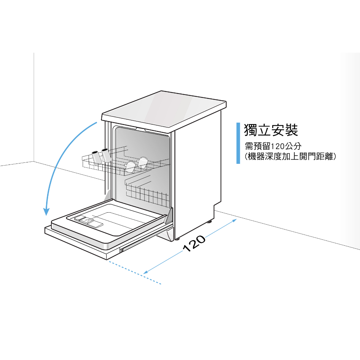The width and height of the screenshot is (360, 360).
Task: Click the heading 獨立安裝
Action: [271, 130]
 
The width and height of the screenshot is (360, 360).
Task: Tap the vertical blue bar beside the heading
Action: [238, 143]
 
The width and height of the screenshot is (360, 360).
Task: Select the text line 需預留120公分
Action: [273, 146]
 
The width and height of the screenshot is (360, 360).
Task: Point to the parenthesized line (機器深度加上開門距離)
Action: [290, 156]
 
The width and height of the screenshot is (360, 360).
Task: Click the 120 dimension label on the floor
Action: [194, 243]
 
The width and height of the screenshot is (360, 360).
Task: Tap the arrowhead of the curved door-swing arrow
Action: [46, 211]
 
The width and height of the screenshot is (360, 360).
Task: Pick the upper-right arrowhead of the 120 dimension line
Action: [234, 221]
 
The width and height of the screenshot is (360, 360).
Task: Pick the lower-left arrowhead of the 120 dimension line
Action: [146, 272]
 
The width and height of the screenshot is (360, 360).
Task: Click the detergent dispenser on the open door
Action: [88, 221]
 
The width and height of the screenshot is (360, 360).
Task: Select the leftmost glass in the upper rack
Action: [96, 157]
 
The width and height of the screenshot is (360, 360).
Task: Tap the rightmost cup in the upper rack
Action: [143, 162]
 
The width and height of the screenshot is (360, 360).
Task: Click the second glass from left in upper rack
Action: [107, 155]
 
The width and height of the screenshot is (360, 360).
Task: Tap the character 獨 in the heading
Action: [250, 130]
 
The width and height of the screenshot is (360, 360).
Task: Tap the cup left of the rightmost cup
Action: [130, 167]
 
